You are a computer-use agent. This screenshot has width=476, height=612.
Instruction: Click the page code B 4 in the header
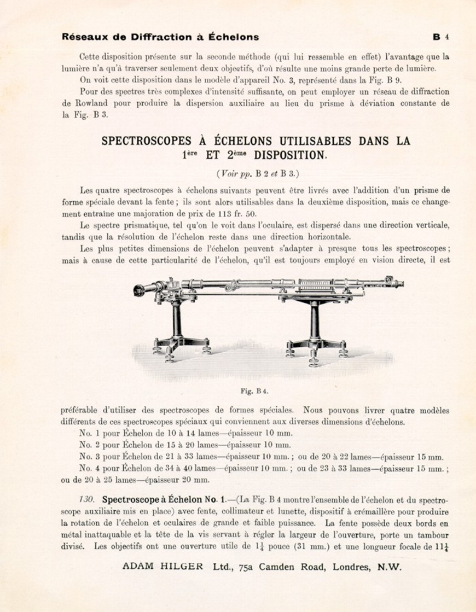[x=441, y=37]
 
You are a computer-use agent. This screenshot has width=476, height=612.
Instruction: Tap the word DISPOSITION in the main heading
[x=290, y=155]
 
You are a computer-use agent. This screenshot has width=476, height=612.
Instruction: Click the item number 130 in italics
[x=87, y=500]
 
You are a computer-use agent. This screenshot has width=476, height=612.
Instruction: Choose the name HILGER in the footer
[x=184, y=567]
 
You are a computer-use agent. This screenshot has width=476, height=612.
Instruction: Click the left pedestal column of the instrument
[x=177, y=319]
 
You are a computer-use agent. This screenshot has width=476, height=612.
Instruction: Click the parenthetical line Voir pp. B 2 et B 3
[x=257, y=174]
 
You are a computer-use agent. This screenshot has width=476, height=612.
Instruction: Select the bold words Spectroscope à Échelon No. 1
[x=164, y=500]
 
